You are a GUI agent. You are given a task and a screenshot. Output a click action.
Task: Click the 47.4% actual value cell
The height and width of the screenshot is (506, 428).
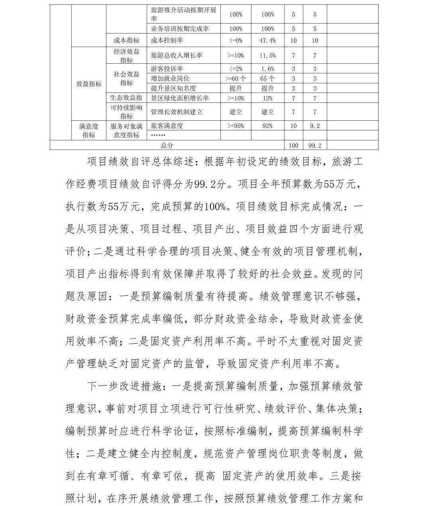[x=267, y=40]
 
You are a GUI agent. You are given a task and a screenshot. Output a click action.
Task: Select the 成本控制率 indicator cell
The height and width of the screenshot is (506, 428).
[x=167, y=40]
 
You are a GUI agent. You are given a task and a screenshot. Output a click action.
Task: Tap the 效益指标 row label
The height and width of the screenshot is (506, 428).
[x=89, y=84]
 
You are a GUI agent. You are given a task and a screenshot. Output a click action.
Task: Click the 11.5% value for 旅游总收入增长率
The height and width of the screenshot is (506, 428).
[x=267, y=55]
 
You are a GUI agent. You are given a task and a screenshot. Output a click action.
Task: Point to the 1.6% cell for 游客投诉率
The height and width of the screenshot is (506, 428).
[x=267, y=69]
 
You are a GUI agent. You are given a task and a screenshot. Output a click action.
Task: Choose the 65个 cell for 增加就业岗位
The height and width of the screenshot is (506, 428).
[x=267, y=79]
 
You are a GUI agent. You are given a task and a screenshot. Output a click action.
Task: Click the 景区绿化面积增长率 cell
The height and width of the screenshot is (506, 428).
[x=180, y=98]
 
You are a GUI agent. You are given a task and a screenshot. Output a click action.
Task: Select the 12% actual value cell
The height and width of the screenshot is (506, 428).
[x=267, y=98]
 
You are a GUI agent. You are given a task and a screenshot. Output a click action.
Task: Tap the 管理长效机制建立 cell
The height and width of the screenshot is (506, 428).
[x=177, y=112]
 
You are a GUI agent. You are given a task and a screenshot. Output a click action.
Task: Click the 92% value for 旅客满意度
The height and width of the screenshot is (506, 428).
[x=267, y=126]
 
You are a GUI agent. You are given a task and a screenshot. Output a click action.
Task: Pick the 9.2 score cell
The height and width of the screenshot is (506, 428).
[x=315, y=126]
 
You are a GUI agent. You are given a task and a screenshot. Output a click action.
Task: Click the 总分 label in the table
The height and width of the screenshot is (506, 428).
[x=167, y=146]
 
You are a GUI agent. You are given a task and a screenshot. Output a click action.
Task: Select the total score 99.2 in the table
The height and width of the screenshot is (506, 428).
[x=315, y=146]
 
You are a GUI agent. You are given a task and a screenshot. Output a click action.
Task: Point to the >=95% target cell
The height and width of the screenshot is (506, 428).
[x=236, y=126]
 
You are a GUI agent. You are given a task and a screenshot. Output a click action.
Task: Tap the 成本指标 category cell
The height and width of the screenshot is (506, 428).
[x=126, y=40]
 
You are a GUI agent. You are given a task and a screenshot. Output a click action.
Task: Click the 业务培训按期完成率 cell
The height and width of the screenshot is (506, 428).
[x=180, y=29]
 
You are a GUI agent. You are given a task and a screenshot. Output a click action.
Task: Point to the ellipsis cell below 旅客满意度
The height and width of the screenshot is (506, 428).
[x=158, y=135]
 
